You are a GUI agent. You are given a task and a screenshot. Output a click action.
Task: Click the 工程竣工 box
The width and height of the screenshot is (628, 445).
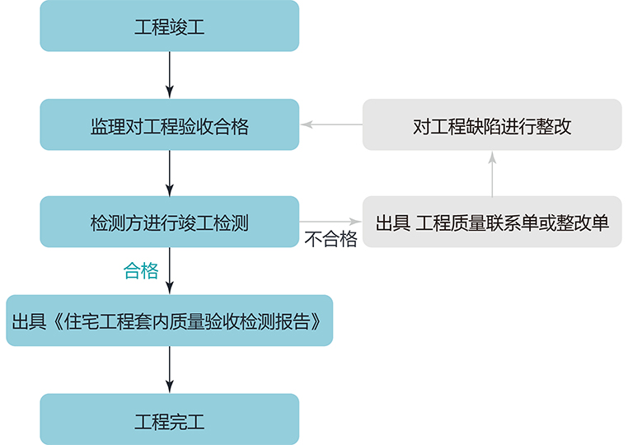[169, 26]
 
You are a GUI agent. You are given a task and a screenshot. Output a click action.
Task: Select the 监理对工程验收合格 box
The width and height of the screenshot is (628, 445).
[169, 125]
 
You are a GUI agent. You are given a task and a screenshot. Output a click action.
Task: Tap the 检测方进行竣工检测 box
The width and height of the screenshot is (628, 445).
[169, 222]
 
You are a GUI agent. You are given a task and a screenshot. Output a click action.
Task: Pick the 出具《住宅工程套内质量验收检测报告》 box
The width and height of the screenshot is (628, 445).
[169, 321]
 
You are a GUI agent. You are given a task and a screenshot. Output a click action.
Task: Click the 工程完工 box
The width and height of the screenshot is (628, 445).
[169, 420]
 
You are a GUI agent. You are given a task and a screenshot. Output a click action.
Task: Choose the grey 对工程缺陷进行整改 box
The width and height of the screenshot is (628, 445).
[492, 125]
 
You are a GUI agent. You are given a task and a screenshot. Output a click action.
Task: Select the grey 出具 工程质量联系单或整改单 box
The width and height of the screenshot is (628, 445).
[492, 222]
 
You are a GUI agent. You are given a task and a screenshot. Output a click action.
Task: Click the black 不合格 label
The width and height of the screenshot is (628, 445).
[330, 240]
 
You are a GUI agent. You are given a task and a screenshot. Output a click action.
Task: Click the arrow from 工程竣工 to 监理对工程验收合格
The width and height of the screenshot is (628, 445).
[169, 75]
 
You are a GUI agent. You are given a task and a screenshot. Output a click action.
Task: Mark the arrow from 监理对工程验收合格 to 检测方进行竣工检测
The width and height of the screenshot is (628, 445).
[169, 173]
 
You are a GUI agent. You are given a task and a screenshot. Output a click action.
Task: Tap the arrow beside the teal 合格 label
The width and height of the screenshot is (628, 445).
[169, 271]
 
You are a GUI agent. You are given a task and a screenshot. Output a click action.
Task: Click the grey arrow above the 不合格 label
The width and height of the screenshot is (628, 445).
[330, 222]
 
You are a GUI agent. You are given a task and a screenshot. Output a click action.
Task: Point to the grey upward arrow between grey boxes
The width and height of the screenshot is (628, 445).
[492, 173]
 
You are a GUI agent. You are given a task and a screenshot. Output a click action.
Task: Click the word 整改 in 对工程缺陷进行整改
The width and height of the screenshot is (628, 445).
[555, 126]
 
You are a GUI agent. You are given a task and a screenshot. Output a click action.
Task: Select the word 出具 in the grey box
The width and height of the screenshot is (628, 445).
[392, 223]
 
